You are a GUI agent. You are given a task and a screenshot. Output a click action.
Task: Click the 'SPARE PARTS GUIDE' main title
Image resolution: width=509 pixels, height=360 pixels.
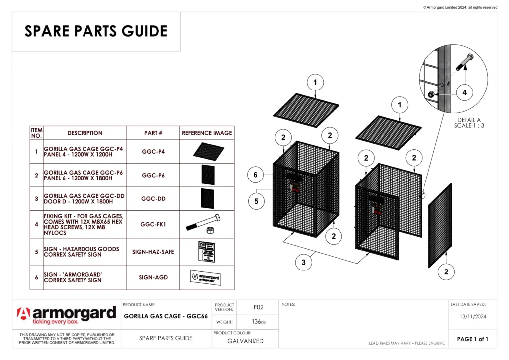[96, 31]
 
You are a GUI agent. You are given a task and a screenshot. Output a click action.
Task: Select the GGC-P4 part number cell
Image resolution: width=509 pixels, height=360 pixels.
[153, 151]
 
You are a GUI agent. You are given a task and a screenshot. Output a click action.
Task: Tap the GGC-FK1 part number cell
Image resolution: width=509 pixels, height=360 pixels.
[153, 224]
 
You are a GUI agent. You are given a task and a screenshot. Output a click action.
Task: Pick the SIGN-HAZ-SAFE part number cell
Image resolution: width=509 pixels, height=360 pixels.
[153, 252]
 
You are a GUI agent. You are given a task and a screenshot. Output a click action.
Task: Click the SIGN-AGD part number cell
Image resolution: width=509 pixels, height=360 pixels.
[153, 277]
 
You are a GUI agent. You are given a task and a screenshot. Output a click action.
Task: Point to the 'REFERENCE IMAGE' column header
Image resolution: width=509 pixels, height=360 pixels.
[207, 133]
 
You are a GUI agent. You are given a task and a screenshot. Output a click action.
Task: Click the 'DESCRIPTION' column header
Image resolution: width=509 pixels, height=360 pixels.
[85, 133]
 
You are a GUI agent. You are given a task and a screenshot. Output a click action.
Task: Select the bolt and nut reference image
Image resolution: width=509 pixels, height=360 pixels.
[206, 224]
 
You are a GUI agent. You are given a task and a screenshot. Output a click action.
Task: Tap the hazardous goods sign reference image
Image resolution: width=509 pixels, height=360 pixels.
[206, 252]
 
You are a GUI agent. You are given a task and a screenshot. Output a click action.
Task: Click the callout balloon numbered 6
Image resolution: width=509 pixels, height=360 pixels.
[255, 175]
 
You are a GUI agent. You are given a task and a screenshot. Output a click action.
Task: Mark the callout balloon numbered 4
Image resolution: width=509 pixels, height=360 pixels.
[464, 92]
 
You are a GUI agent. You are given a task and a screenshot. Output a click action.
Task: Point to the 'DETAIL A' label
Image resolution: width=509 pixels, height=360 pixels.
[469, 120]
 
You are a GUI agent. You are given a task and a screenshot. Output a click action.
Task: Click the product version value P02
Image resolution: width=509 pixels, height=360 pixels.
[258, 307]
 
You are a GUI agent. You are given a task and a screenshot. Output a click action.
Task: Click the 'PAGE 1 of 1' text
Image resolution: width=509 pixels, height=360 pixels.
[472, 339]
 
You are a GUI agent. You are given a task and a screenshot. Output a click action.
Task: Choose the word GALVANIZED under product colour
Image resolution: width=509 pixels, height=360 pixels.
[246, 341]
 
